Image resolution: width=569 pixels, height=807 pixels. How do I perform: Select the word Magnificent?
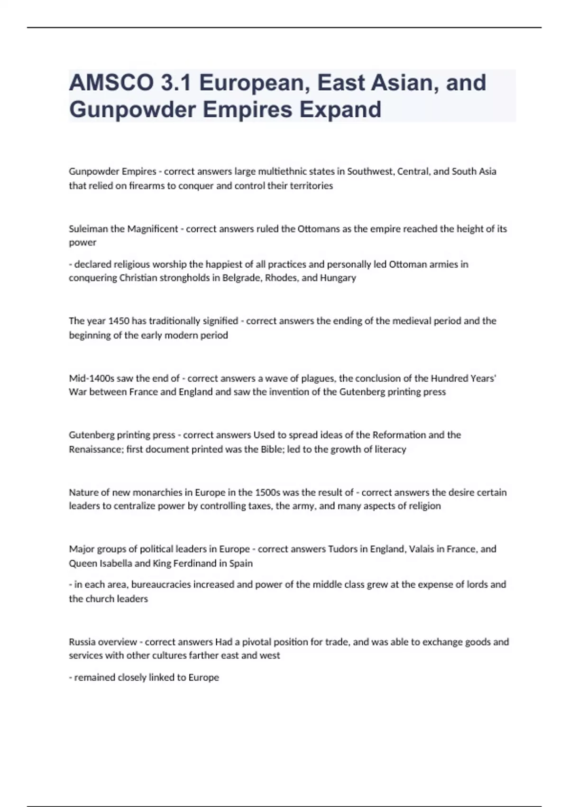coord(152,229)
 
